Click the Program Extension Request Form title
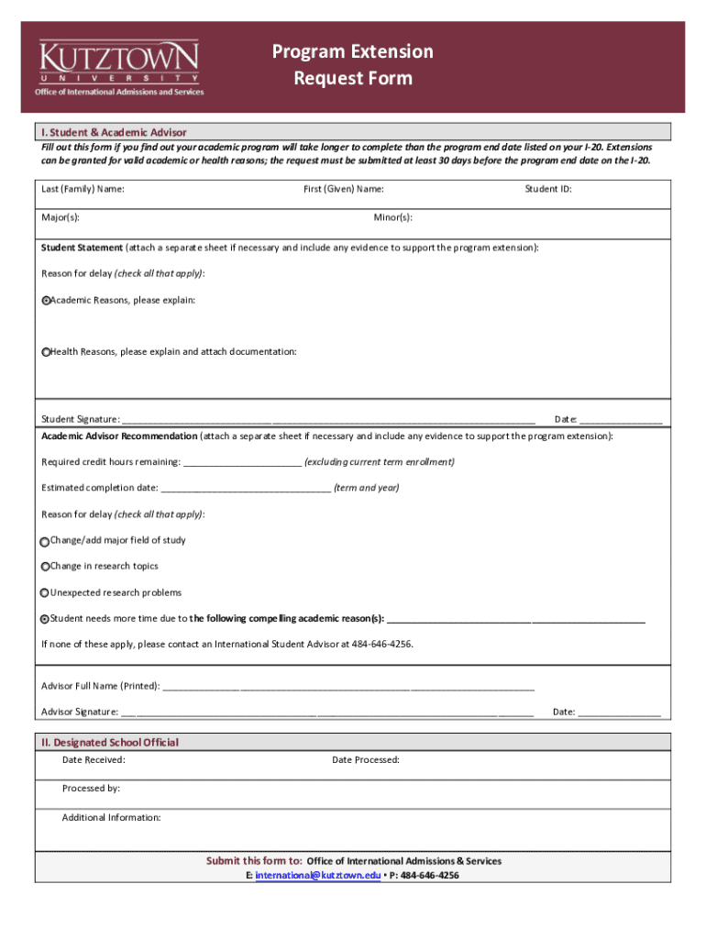[x=353, y=65]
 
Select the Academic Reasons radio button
[x=46, y=301]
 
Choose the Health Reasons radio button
[x=46, y=352]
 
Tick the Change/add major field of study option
[x=46, y=541]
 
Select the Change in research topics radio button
[x=46, y=567]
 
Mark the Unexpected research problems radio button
[x=45, y=593]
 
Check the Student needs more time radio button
[x=46, y=619]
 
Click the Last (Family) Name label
[x=83, y=190]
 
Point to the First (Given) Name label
[x=344, y=190]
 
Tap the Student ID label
[x=548, y=190]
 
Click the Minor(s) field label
[x=392, y=217]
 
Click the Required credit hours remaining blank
[x=242, y=463]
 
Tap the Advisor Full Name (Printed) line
[x=348, y=687]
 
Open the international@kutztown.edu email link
[x=317, y=876]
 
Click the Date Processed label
[x=366, y=760]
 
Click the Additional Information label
[x=111, y=817]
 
